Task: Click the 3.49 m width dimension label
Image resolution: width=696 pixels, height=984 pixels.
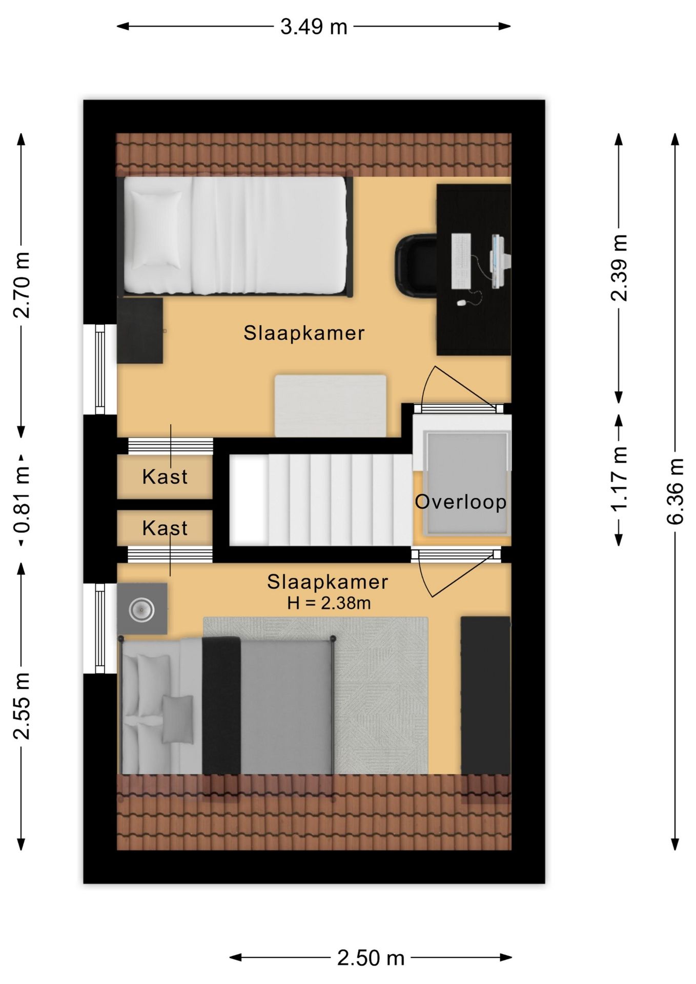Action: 314,27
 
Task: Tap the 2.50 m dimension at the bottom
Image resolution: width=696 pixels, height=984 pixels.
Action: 371,957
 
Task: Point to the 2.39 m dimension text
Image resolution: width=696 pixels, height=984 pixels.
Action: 620,268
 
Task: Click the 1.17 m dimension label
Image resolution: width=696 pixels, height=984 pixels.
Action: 620,479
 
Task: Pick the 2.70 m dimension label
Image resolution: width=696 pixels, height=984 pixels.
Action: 22,285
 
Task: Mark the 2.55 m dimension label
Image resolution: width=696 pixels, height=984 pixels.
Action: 22,706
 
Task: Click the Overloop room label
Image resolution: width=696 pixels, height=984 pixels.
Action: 461,502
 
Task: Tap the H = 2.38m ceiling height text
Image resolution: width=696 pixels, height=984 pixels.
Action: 329,603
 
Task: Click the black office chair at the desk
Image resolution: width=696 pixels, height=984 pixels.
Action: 416,265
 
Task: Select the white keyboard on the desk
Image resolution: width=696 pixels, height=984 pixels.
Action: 461,261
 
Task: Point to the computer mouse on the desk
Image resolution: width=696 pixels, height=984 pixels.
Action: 461,303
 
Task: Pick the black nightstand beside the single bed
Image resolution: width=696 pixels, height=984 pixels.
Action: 140,331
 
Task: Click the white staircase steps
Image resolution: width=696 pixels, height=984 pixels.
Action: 320,500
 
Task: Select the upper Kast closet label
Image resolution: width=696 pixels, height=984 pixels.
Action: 165,477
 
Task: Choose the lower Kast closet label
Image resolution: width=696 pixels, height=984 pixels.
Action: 165,528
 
